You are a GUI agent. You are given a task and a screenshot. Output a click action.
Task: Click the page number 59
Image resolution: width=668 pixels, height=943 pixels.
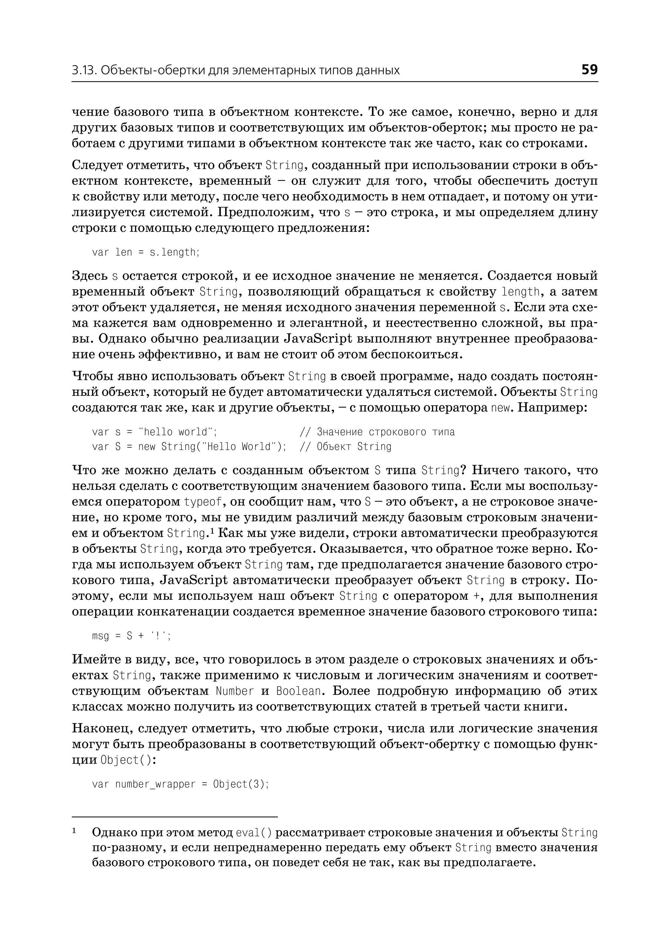pyautogui.click(x=589, y=69)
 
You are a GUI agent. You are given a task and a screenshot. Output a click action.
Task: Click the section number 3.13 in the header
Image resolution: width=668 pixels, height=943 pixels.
pyautogui.click(x=84, y=71)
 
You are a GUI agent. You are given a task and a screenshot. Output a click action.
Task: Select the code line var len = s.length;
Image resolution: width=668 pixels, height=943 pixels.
pyautogui.click(x=145, y=252)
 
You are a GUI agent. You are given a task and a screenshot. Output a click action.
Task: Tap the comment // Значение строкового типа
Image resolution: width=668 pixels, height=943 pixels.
pyautogui.click(x=377, y=432)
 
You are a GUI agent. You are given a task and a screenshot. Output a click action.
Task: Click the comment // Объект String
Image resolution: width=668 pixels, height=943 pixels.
pyautogui.click(x=345, y=447)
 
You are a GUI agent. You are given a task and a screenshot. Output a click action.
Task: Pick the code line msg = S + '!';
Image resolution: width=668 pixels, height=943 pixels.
pyautogui.click(x=131, y=636)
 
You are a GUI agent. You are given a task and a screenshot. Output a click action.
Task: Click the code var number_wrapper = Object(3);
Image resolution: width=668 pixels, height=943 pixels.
pyautogui.click(x=180, y=784)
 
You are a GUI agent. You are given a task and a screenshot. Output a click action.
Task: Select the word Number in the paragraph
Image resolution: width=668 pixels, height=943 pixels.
pyautogui.click(x=235, y=691)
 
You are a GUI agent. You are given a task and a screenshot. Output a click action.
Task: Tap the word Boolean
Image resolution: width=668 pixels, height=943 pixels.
pyautogui.click(x=299, y=691)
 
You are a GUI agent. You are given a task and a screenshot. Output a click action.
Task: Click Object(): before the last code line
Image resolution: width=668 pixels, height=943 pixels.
pyautogui.click(x=128, y=760)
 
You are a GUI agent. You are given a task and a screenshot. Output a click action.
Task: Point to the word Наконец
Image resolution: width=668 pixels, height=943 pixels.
pyautogui.click(x=101, y=729)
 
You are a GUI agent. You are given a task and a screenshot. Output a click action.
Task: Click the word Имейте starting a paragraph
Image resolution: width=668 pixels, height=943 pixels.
pyautogui.click(x=97, y=659)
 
